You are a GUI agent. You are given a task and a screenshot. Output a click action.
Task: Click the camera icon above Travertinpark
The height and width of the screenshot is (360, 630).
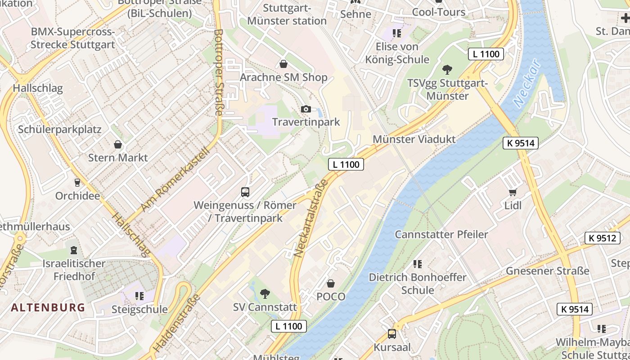(x=306, y=109)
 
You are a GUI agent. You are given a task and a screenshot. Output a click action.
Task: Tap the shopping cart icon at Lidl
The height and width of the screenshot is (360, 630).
(x=513, y=193)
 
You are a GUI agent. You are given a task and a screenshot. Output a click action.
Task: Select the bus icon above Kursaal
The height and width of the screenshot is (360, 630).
(x=392, y=334)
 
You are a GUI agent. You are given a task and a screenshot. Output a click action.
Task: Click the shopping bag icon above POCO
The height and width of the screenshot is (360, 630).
(x=331, y=283)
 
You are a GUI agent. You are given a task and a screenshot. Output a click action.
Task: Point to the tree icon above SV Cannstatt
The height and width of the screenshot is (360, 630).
(x=265, y=294)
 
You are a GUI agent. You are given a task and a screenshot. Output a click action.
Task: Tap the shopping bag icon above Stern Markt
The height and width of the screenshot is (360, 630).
(x=118, y=144)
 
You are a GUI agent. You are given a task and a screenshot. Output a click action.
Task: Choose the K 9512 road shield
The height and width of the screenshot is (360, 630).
(x=602, y=238)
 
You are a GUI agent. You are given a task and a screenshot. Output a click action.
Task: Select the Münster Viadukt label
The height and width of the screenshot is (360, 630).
(x=414, y=139)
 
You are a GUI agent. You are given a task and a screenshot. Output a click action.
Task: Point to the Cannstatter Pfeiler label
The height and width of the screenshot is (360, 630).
(x=441, y=234)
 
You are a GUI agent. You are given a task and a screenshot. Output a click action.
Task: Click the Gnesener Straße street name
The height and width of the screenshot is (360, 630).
(x=547, y=271)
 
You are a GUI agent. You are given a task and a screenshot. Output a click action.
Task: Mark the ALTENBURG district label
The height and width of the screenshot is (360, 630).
(x=48, y=308)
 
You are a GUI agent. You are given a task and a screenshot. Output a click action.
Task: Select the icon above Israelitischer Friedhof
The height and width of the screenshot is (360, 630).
(x=73, y=250)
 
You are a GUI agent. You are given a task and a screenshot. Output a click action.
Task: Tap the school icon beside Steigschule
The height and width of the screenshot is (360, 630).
(x=139, y=296)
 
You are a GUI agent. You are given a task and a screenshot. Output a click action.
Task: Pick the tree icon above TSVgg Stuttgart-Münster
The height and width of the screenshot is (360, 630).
(x=447, y=70)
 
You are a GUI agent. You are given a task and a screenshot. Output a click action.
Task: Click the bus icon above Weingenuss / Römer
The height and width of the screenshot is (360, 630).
(x=245, y=192)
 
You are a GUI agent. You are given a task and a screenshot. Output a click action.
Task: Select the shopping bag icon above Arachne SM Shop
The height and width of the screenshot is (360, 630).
(x=283, y=64)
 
